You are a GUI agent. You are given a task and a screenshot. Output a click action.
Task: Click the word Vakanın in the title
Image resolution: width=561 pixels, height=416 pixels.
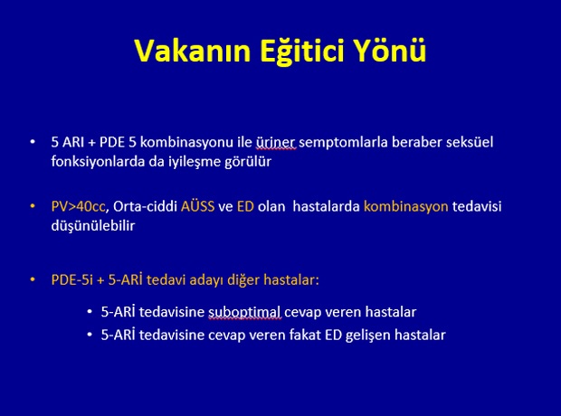point(193,51)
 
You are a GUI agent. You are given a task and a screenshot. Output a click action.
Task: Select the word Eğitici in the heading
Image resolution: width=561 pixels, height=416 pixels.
point(302,52)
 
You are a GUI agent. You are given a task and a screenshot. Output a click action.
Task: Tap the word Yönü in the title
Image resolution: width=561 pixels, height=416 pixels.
point(390,51)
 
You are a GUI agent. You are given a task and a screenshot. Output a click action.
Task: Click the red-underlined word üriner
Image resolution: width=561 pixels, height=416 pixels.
point(275,142)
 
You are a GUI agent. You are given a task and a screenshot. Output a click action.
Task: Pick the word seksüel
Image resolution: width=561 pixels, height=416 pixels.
point(470,142)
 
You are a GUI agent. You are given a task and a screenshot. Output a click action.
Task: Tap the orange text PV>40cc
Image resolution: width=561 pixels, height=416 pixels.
point(79,207)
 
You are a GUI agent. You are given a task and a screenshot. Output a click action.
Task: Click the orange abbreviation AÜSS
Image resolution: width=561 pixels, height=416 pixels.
point(197,206)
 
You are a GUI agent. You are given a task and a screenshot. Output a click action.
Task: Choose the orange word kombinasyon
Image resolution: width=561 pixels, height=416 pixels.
point(405,207)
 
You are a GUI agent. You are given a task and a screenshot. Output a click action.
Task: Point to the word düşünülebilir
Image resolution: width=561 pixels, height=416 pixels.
point(93,226)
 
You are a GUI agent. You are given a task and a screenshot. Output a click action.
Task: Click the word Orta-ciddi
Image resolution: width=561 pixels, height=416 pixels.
point(146,207)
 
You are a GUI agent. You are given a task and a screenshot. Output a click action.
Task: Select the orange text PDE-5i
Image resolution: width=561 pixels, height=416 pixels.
point(71,279)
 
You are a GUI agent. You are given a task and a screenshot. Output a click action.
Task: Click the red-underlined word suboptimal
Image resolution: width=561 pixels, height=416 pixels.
point(244,312)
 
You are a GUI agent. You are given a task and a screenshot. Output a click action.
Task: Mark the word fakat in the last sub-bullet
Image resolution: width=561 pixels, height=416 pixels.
point(305,336)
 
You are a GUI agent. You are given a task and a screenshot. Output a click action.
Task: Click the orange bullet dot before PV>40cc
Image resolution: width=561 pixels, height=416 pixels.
point(33,206)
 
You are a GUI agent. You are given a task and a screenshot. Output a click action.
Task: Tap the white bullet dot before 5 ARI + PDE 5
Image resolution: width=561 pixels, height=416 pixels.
point(33,142)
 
